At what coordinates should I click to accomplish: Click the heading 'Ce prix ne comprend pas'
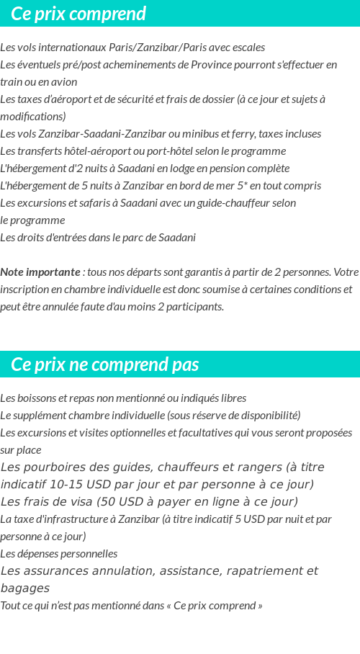(105, 364)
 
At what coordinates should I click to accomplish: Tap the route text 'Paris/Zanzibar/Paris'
(145, 48)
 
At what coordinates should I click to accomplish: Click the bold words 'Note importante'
(40, 272)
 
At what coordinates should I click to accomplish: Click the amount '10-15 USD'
(80, 485)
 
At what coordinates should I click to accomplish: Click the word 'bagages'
(24, 588)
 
